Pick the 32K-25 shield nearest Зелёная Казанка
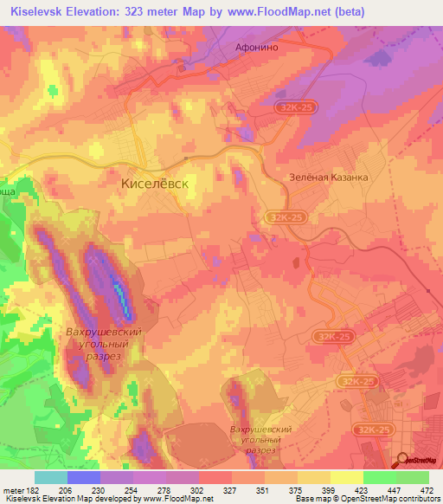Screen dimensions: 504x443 coord(283,218)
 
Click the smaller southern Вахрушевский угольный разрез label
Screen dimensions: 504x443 coord(260,440)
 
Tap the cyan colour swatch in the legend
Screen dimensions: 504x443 coord(50,477)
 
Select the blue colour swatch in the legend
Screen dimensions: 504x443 coord(83,477)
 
